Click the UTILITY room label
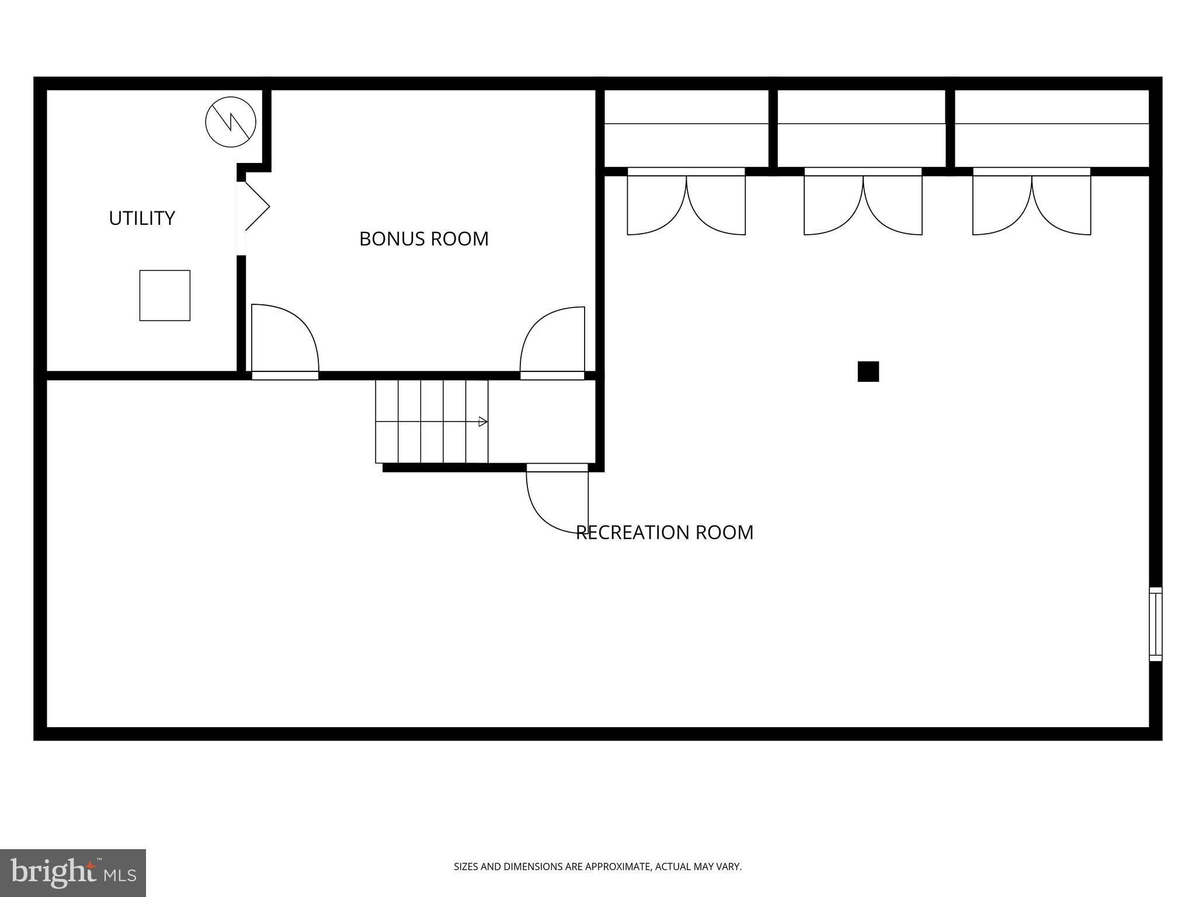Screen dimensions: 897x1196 coord(142,218)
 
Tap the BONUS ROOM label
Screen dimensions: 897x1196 coord(423,239)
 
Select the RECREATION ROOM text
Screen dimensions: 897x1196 coord(665,533)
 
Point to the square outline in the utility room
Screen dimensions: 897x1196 coord(165,295)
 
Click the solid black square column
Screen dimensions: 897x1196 coord(868,371)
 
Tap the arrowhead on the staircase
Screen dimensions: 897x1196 coord(483,422)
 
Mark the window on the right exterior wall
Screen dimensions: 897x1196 coord(1155,624)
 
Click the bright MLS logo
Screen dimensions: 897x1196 coord(73,873)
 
